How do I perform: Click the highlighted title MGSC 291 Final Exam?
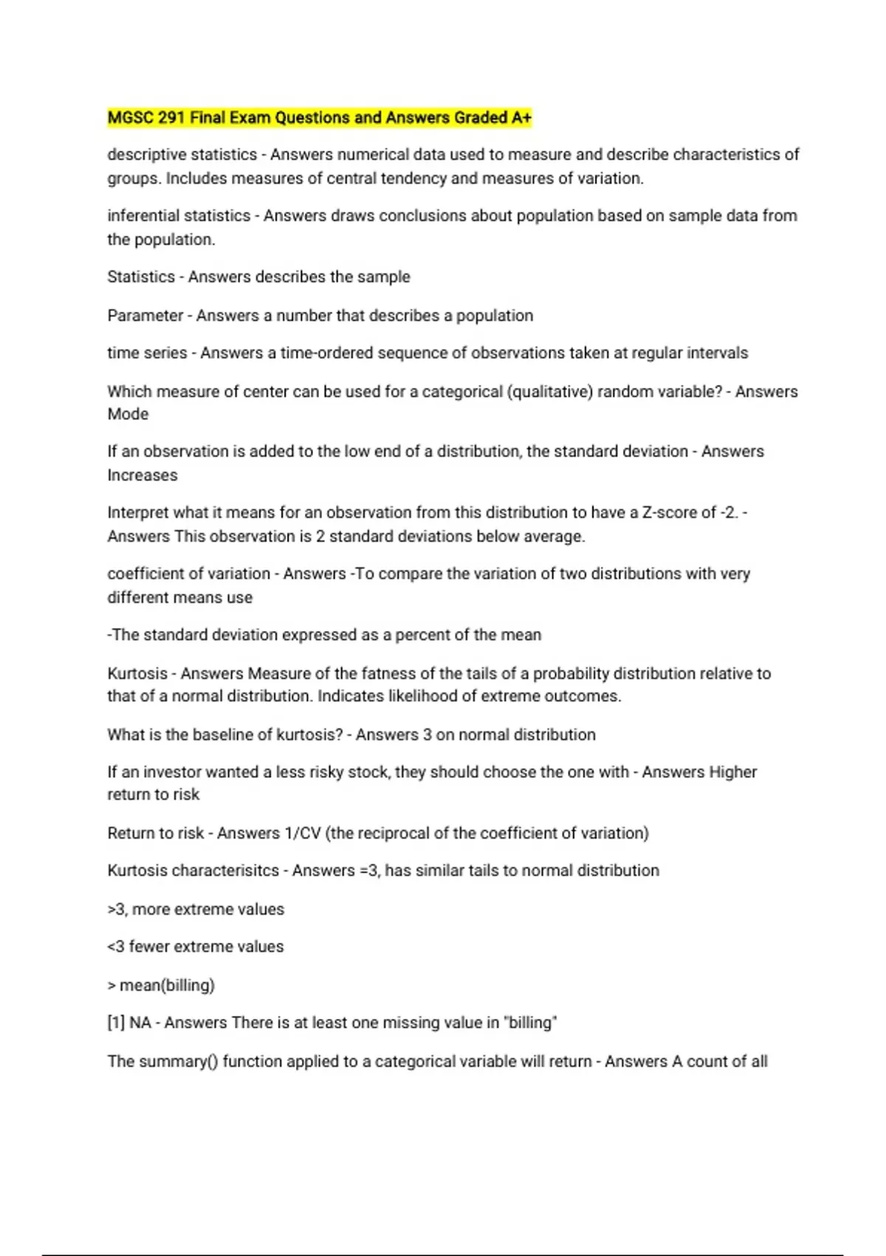(319, 117)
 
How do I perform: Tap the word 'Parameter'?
(145, 315)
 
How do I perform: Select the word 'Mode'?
(128, 414)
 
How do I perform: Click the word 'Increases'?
(142, 475)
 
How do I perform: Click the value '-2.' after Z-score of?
(729, 512)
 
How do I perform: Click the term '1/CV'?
(303, 833)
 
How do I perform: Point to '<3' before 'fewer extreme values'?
(116, 946)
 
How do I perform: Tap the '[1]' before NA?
(116, 1023)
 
